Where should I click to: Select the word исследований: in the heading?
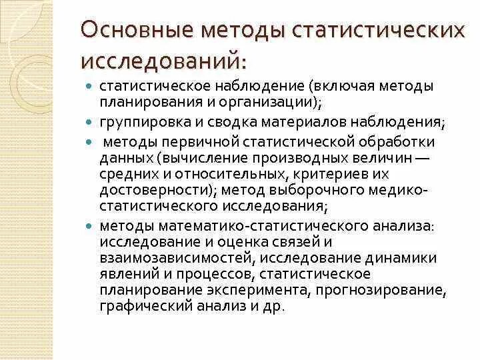(x=163, y=61)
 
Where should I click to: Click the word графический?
(x=141, y=305)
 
